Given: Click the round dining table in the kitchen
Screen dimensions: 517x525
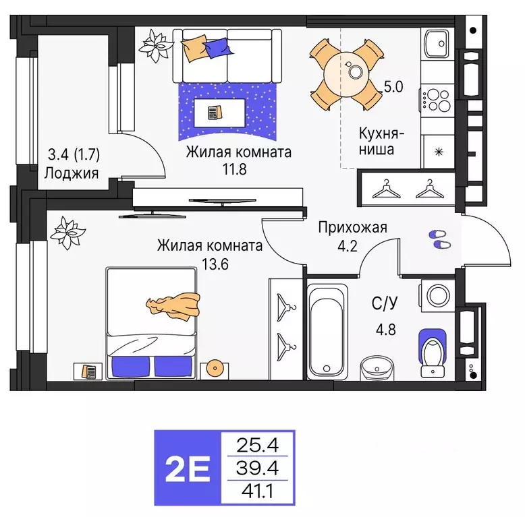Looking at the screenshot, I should (345, 74).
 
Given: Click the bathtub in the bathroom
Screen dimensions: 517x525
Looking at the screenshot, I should (327, 330).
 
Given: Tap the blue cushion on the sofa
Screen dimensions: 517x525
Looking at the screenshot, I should (217, 47).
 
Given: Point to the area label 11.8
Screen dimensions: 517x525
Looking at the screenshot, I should (239, 169).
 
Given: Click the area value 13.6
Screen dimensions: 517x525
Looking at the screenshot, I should (210, 264).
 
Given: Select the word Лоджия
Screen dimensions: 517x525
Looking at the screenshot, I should (72, 172).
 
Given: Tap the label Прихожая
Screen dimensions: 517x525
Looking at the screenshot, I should (352, 227).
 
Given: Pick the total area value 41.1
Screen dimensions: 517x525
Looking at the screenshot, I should (258, 491).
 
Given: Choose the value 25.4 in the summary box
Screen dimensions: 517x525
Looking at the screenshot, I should (258, 444).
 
